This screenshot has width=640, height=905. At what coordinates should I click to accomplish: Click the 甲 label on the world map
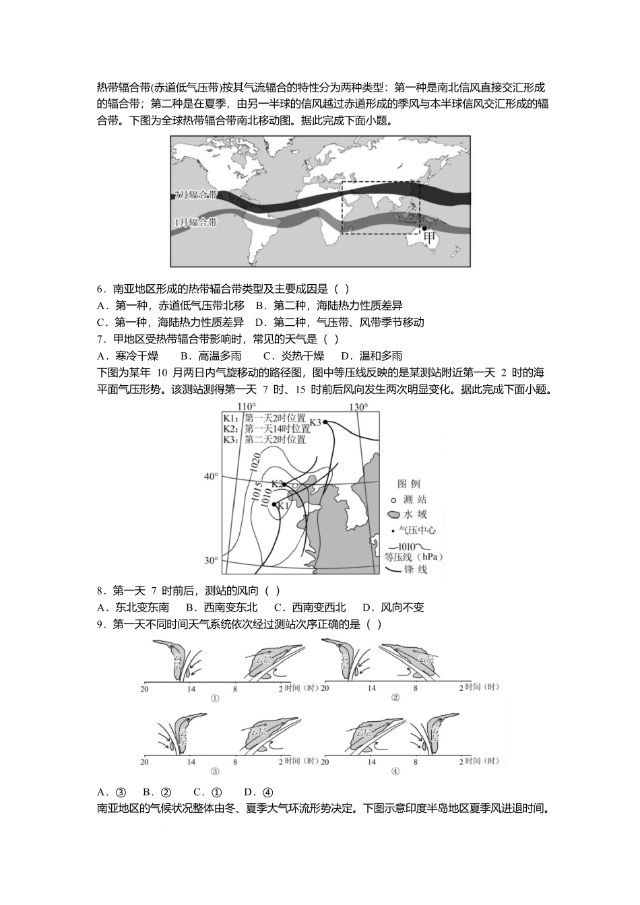pos(429,236)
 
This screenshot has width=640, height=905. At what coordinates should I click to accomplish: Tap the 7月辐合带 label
pos(195,195)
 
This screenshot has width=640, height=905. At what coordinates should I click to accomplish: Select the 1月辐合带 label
pos(195,222)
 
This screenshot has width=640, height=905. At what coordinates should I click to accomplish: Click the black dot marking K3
pos(325,422)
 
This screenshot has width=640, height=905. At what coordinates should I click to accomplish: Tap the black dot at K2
pos(285,484)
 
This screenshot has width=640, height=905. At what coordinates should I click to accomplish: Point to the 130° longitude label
pos(358,407)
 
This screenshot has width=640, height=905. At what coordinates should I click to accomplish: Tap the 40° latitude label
pos(211,477)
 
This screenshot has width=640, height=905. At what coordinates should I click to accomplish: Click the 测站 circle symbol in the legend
pos(393,500)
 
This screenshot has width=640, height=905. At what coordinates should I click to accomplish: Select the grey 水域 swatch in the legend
pos(394,515)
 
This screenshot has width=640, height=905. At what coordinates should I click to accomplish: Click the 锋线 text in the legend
pos(415,570)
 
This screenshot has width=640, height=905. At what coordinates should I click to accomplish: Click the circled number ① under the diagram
pos(216,698)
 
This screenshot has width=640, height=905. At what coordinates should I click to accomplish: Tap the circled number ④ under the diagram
pos(395,772)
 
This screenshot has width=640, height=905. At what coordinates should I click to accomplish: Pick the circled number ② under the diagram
pos(395,698)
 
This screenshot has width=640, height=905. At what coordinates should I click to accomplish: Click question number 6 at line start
pos(100,289)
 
